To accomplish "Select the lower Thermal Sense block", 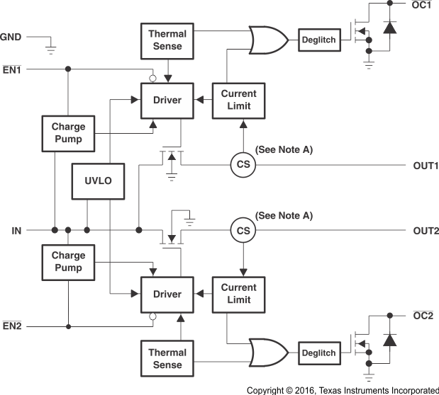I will (x=167, y=358).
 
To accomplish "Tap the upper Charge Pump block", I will (x=68, y=133).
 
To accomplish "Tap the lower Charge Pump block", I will (x=68, y=261).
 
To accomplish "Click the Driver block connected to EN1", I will (x=167, y=101).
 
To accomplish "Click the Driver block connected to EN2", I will (x=167, y=294).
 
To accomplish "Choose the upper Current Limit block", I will (x=239, y=101).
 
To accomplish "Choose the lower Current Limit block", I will (x=239, y=294).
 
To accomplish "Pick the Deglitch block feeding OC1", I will (x=318, y=40).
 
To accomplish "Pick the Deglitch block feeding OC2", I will (x=318, y=352).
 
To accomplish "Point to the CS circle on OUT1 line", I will (x=243, y=165).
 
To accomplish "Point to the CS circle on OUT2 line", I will (x=243, y=230).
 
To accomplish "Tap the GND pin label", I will (x=11, y=36).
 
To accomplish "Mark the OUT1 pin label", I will (x=426, y=166).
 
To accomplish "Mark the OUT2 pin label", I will (x=426, y=231).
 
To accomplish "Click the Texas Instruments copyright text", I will (x=343, y=389).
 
